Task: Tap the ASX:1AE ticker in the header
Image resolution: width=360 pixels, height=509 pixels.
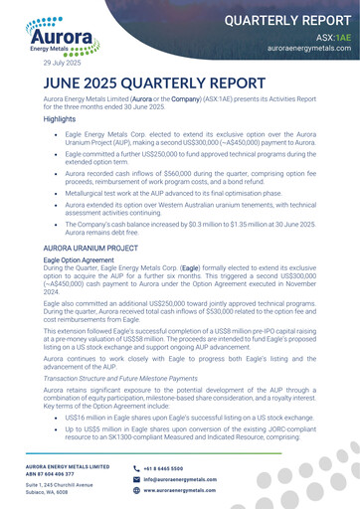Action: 333,36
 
